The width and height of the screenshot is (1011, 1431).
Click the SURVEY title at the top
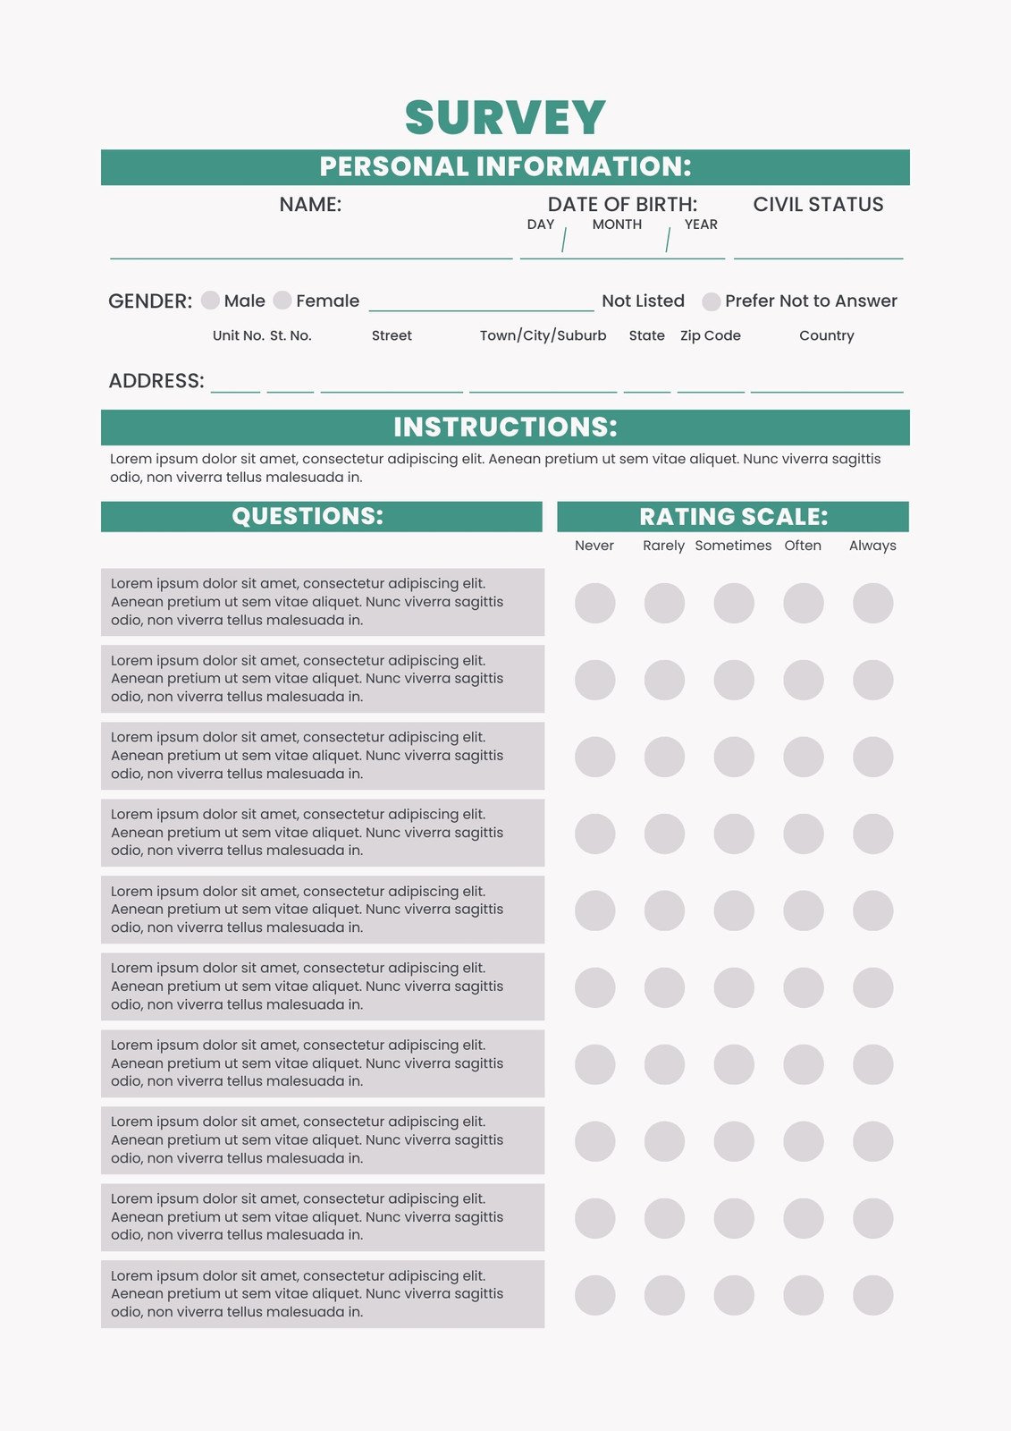(x=505, y=118)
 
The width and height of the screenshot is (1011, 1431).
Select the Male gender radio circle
(x=210, y=301)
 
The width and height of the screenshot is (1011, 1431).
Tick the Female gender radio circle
(x=282, y=301)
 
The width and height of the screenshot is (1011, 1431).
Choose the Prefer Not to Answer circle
(x=712, y=301)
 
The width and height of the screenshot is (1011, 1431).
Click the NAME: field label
(x=310, y=205)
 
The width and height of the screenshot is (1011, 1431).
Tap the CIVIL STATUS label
(x=818, y=205)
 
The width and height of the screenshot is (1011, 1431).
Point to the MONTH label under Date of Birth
(x=617, y=224)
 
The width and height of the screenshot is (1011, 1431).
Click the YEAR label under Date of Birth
(x=701, y=224)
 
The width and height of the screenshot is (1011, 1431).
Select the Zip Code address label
(x=711, y=335)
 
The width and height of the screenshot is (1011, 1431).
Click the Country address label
(x=827, y=335)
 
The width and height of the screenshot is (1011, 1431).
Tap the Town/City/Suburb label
(x=543, y=335)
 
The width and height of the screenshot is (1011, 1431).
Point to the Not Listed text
(x=643, y=301)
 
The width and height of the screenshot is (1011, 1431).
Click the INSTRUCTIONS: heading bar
(x=505, y=428)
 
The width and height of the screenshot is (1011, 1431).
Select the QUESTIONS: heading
(x=308, y=516)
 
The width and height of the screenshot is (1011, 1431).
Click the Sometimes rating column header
(x=733, y=546)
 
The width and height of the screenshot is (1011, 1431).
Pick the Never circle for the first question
(x=595, y=603)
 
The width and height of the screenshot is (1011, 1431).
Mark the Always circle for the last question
(x=872, y=1295)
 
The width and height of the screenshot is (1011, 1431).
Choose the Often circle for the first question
(x=803, y=603)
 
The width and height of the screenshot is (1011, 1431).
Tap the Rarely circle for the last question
(x=664, y=1295)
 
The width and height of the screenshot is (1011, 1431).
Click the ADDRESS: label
(x=156, y=381)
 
